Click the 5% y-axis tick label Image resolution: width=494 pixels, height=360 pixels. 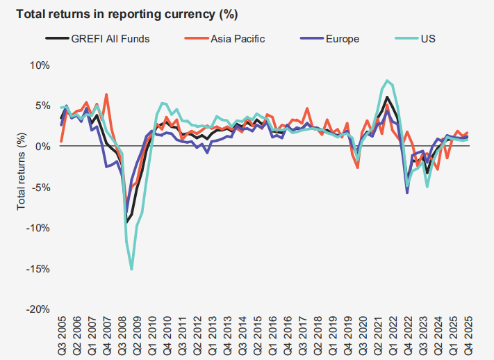click(x=42, y=106)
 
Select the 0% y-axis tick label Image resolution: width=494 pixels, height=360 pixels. click(x=42, y=146)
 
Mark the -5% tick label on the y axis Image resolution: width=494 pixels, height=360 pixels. click(x=40, y=187)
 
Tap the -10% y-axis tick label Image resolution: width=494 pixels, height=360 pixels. click(x=38, y=228)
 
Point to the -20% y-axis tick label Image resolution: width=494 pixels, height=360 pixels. click(x=38, y=309)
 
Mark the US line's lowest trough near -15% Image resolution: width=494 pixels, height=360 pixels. click(x=131, y=269)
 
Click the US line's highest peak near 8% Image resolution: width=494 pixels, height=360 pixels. click(x=387, y=81)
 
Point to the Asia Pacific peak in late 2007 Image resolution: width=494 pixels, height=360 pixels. click(x=106, y=95)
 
